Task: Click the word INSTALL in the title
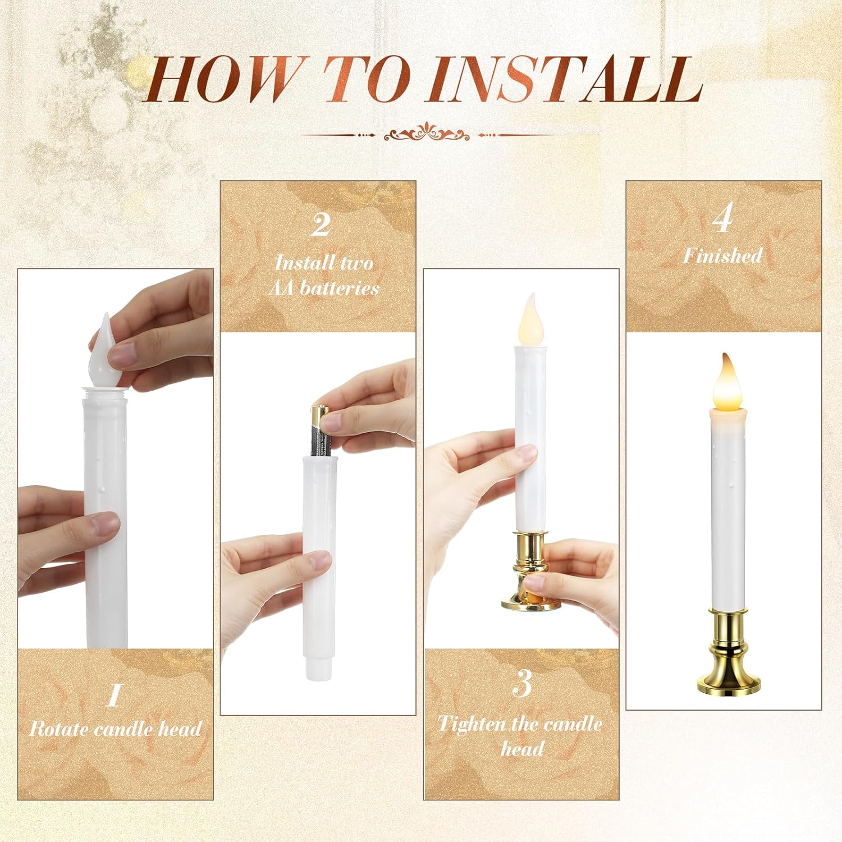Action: pyautogui.click(x=566, y=80)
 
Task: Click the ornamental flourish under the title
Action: pyautogui.click(x=427, y=134)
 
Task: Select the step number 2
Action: pyautogui.click(x=321, y=225)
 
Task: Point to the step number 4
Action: pyautogui.click(x=724, y=218)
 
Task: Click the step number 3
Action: pyautogui.click(x=522, y=683)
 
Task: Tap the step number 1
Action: pyautogui.click(x=115, y=695)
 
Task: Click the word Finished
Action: pyautogui.click(x=723, y=256)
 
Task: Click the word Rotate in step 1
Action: pyautogui.click(x=59, y=729)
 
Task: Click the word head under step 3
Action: pyautogui.click(x=522, y=749)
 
